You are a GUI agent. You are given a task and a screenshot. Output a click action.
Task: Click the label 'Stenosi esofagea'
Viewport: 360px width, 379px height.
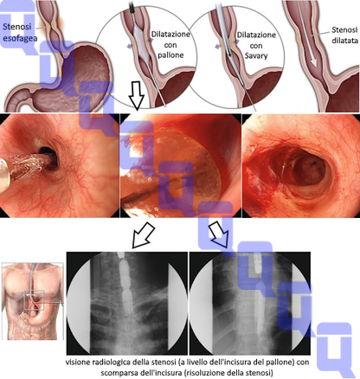point(20,32)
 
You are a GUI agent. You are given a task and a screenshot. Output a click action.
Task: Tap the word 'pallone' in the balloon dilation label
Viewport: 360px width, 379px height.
point(170,55)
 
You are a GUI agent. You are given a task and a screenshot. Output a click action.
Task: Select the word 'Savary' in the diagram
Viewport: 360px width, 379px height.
point(256,55)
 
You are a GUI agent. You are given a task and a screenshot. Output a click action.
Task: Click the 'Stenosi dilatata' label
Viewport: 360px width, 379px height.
point(344,35)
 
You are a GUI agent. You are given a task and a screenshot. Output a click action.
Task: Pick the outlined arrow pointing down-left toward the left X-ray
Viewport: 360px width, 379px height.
point(143,234)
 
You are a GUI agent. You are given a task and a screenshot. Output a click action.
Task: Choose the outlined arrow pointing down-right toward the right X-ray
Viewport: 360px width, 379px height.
point(220,234)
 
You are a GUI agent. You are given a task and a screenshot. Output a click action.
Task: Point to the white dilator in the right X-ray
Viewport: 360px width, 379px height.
point(257,288)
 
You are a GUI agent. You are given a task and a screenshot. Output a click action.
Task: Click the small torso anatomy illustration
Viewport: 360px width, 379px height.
point(32,301)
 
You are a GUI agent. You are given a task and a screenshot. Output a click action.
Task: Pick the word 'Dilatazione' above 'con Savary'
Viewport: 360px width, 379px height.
point(256,35)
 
